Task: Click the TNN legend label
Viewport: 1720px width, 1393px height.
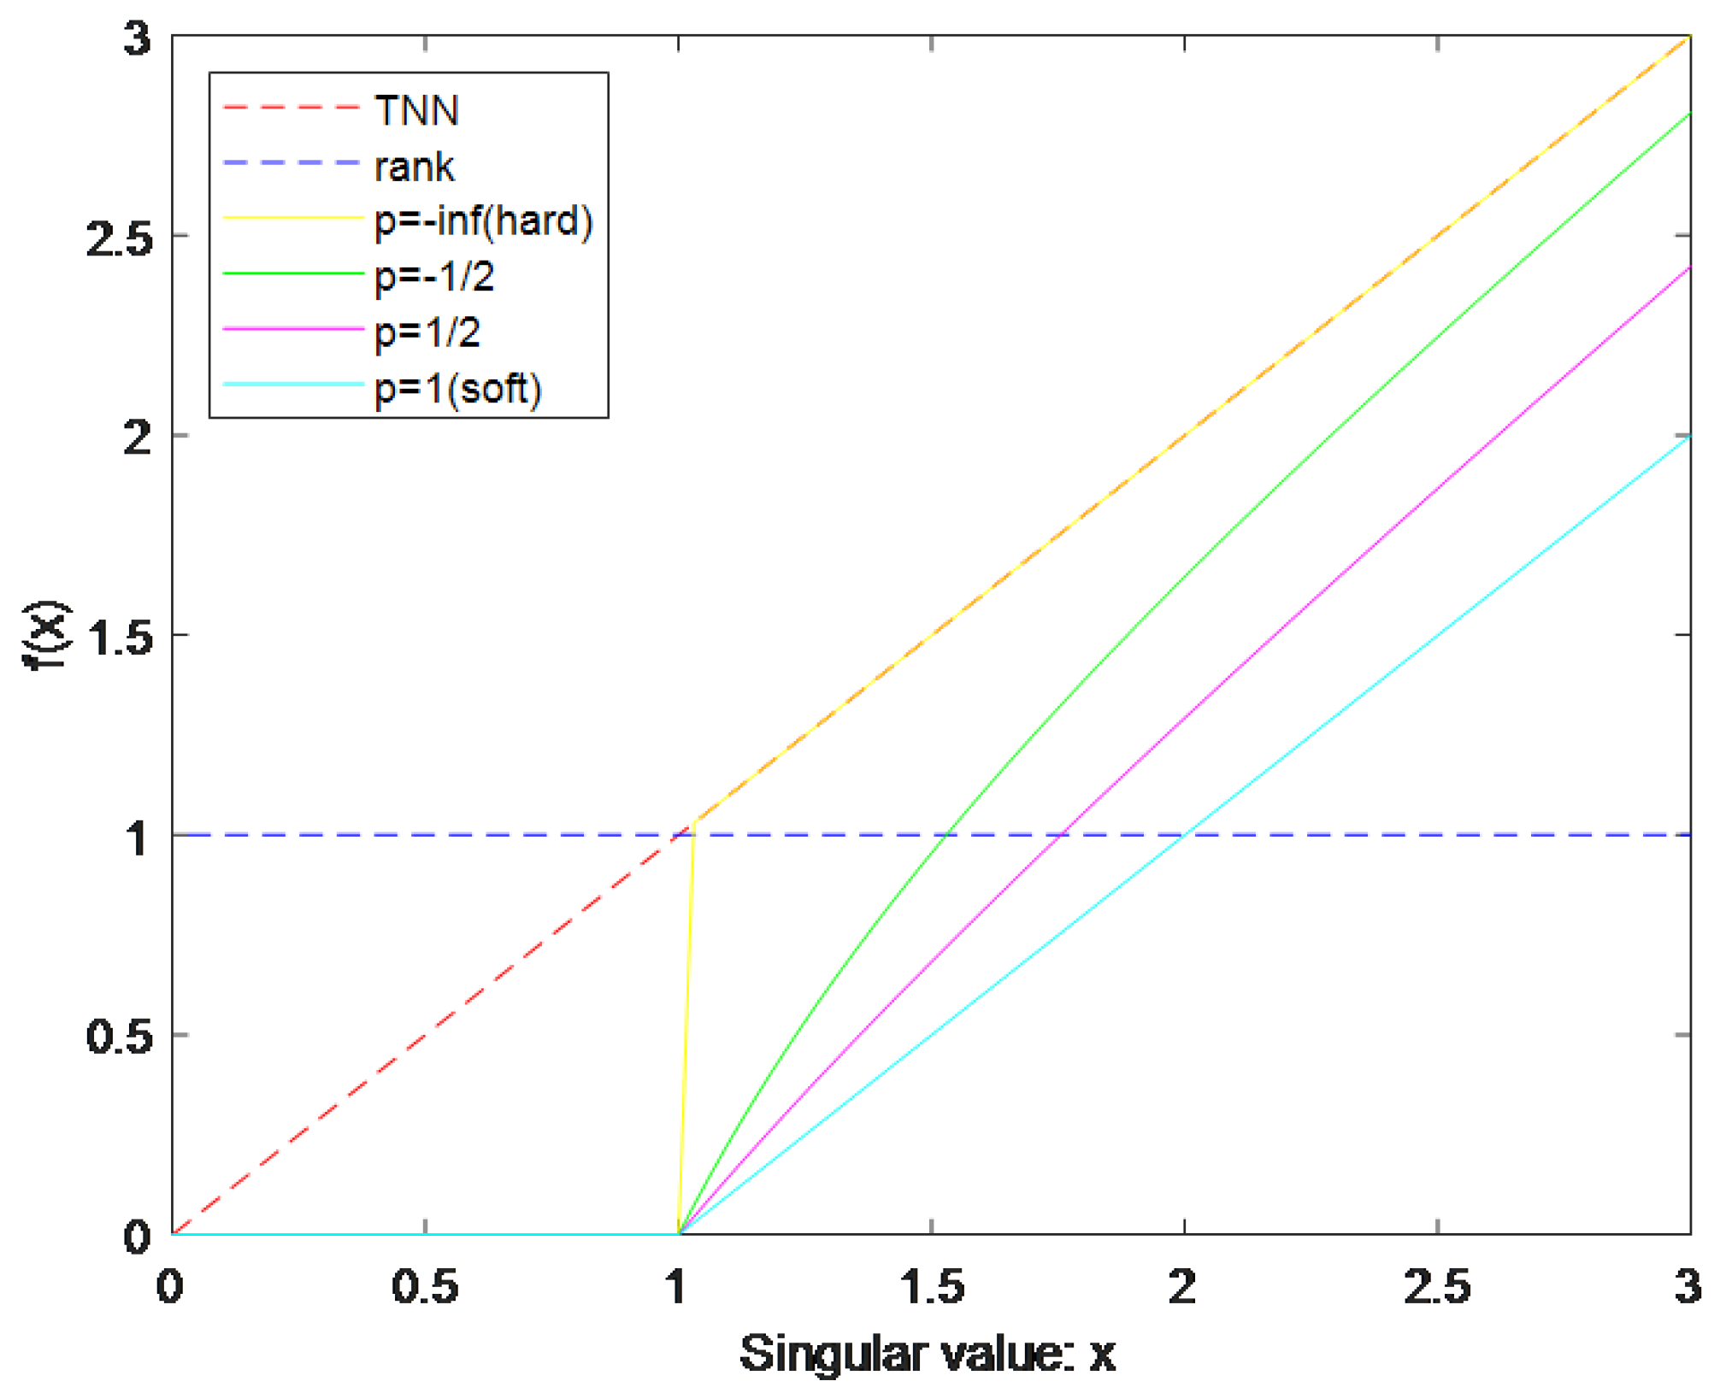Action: (x=416, y=110)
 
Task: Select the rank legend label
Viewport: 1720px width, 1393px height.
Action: (x=414, y=167)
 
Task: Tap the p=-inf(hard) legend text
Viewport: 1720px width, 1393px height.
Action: (x=483, y=221)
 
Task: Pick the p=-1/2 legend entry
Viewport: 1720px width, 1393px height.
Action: (x=434, y=277)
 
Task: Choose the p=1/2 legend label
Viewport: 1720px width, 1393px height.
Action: (x=427, y=332)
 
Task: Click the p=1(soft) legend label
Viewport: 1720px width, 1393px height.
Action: (x=458, y=388)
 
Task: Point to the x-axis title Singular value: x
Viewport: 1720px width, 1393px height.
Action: (x=927, y=1353)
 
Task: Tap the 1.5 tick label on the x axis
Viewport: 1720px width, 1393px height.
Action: (x=932, y=1287)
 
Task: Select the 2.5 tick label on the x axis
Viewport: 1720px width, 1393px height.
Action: (x=1437, y=1287)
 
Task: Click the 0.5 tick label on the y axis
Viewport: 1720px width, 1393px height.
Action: (x=119, y=1037)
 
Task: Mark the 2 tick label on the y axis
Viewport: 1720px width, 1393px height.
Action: (x=137, y=438)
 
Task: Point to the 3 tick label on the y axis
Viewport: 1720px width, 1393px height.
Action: (x=137, y=39)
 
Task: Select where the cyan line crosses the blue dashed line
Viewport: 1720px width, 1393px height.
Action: (x=1184, y=835)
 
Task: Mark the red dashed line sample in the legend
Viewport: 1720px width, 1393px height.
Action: (x=291, y=108)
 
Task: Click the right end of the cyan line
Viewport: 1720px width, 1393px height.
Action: (x=1688, y=437)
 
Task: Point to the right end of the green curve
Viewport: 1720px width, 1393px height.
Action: (x=1688, y=114)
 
